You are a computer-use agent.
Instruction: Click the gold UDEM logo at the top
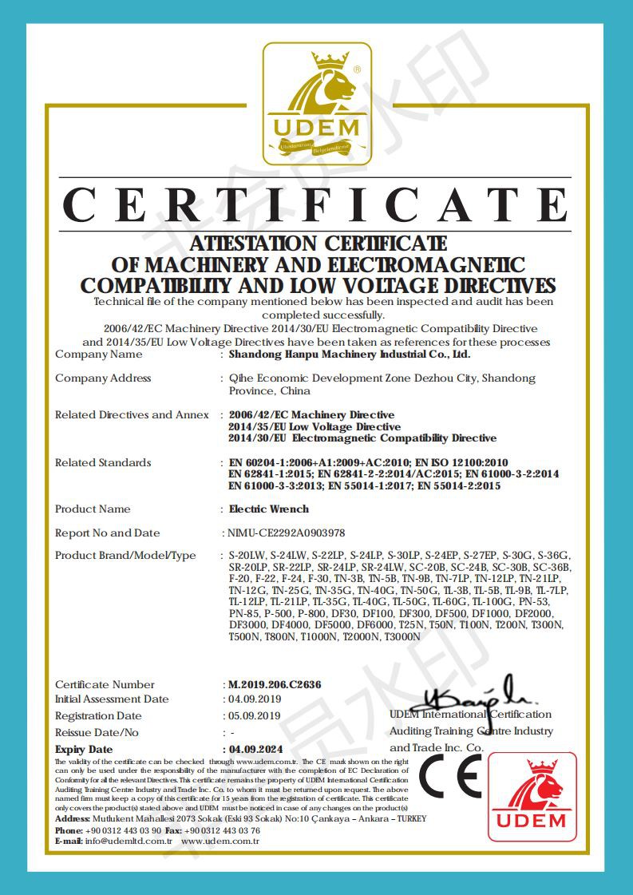317,103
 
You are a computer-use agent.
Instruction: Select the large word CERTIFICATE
317,205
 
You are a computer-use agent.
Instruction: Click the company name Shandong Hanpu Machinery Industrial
350,354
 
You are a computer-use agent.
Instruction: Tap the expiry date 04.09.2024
255,749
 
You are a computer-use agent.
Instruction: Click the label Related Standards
103,462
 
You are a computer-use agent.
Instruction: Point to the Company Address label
103,378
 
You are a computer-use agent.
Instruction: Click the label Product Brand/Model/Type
125,555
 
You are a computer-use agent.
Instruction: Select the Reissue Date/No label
97,732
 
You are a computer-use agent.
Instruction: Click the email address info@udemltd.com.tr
129,841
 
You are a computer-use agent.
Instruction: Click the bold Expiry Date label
84,749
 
